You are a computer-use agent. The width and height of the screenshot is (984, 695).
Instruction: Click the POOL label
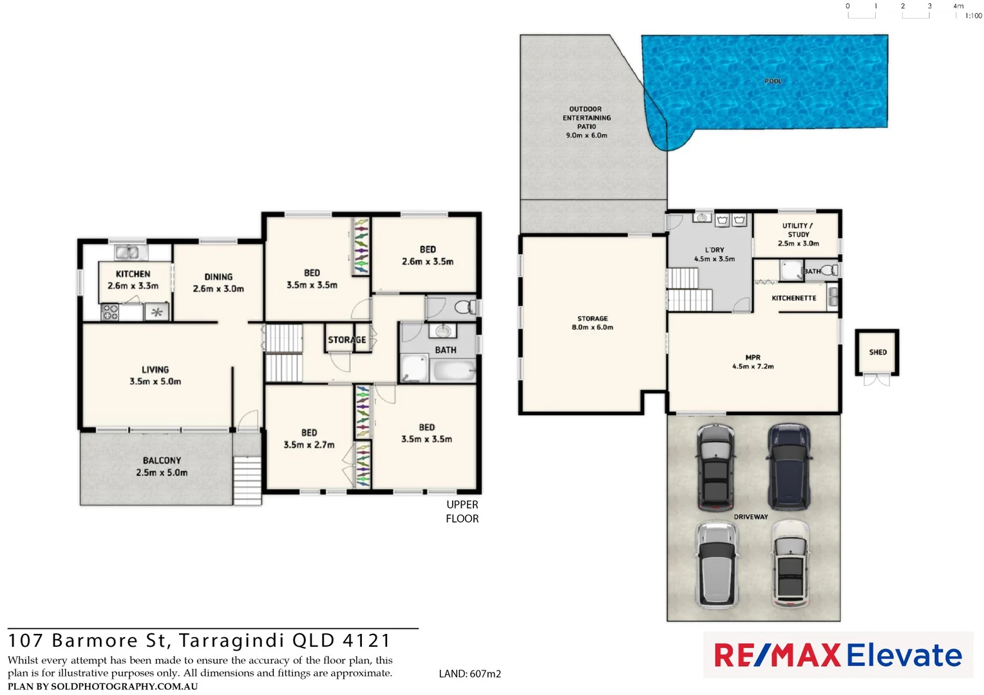pos(773,81)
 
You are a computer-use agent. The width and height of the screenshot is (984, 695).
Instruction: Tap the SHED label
pos(878,352)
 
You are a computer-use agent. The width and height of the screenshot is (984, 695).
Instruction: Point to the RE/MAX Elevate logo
pos(838,655)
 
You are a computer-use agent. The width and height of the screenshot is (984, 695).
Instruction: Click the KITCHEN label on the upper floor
pos(133,273)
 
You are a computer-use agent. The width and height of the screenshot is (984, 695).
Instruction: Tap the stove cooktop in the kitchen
pos(110,312)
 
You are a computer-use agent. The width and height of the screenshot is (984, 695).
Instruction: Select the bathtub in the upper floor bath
pos(453,371)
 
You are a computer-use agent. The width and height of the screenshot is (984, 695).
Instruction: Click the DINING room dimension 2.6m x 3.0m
pos(218,289)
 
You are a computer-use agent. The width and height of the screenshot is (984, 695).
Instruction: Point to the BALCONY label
pos(162,460)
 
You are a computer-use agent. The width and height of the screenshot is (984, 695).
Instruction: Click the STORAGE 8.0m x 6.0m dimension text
pos(592,328)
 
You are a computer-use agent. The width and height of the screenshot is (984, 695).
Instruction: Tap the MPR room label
pos(753,357)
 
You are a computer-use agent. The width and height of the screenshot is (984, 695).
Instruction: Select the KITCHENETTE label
pos(793,298)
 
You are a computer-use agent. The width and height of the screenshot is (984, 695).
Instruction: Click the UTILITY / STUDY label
pos(798,230)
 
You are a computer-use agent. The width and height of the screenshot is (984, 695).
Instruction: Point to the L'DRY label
pos(714,250)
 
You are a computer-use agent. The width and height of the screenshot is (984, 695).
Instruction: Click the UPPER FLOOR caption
pos(462,512)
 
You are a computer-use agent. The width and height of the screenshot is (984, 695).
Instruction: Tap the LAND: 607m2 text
pos(469,674)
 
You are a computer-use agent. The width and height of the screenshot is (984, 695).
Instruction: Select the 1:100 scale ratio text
pos(973,15)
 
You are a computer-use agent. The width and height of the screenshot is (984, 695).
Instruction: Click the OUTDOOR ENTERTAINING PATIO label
pos(586,118)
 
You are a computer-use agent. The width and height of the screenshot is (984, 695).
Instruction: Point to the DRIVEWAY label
pos(751,517)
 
